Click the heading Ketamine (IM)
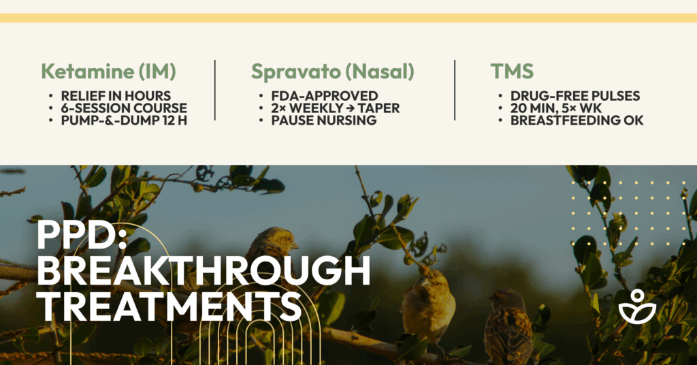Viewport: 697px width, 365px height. point(108,72)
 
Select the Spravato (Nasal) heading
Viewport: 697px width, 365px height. point(332,72)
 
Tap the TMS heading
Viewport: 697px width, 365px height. point(512,71)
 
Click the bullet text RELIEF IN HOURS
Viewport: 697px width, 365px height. point(116,96)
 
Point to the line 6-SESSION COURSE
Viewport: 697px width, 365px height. point(124,108)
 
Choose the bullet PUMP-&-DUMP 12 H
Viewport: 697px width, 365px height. point(124,120)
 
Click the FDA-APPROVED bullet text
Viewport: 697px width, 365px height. point(325,96)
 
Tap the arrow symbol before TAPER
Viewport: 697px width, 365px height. point(351,108)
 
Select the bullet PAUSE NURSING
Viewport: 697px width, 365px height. point(324,120)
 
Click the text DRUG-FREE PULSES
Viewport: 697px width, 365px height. point(575,96)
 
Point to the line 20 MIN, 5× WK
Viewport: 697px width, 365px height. point(556,108)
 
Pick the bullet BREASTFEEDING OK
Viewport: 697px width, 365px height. point(577,120)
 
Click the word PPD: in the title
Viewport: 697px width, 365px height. point(82,234)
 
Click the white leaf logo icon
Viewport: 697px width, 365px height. point(637,306)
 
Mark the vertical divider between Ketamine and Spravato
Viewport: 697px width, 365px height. point(215,90)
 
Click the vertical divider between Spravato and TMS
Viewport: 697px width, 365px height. point(455,90)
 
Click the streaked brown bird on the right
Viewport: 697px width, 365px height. point(508,326)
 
